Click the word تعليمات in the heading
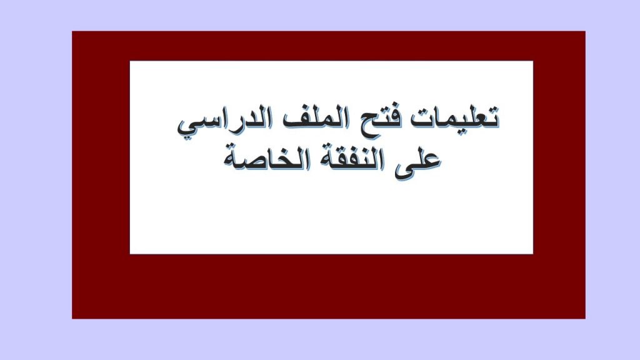tap(455, 117)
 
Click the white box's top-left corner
tap(130, 61)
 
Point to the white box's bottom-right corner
tap(532, 254)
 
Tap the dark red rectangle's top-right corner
tap(585, 31)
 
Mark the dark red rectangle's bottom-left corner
tap(72, 318)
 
